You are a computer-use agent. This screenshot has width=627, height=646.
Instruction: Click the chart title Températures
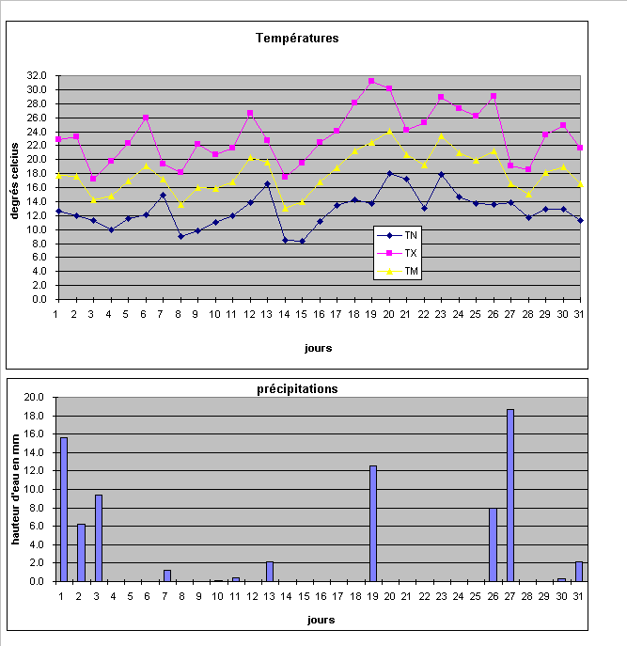point(297,39)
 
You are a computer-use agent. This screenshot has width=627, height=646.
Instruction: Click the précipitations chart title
point(297,388)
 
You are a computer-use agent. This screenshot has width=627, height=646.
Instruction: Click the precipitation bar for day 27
point(510,496)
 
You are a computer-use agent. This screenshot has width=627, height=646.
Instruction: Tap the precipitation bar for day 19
point(373,524)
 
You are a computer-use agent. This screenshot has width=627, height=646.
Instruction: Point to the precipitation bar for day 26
point(494,544)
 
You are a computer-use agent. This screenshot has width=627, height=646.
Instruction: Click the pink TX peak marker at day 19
point(371,81)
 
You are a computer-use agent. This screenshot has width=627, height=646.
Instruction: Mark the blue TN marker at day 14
point(285,240)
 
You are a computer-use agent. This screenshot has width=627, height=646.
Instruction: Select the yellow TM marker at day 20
point(389,131)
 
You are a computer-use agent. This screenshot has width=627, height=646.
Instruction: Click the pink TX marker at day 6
point(146,118)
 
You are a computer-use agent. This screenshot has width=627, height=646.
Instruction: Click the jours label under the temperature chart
point(318,347)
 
